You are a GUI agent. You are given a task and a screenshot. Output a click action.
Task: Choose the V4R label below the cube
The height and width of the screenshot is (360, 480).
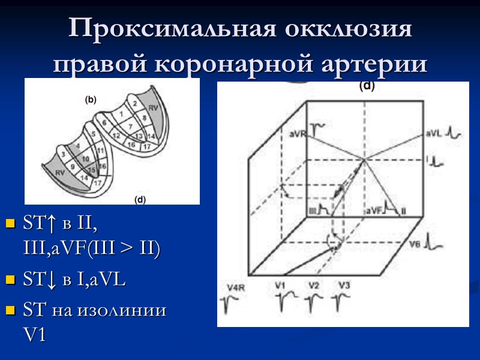(x=236, y=288)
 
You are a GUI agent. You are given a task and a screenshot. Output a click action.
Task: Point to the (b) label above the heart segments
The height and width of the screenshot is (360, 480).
(x=91, y=100)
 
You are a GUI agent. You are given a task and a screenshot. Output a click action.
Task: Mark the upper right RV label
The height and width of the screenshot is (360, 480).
(x=153, y=108)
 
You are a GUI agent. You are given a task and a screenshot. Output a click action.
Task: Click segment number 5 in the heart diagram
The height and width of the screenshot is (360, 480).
(x=93, y=134)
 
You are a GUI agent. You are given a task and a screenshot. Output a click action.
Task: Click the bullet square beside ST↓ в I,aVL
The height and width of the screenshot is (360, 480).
(x=10, y=280)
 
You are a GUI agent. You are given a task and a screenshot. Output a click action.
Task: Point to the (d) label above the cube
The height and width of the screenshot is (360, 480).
(x=366, y=86)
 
